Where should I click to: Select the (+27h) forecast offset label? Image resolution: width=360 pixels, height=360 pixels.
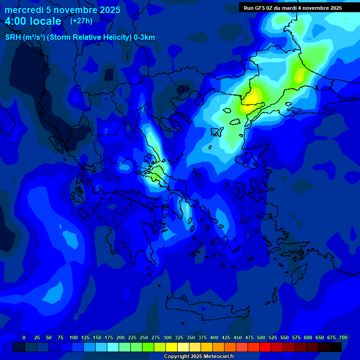tap(81, 21)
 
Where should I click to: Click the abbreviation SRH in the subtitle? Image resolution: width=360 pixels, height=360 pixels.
tap(13, 37)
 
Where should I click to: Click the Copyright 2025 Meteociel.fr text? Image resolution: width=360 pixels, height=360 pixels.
tap(199, 357)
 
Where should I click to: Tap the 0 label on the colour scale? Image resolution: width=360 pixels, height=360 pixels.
tap(24, 337)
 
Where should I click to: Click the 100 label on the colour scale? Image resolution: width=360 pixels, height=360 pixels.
tap(74, 337)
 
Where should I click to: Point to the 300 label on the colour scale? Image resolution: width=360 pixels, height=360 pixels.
tap(167, 337)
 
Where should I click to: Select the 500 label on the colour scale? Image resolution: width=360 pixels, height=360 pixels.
tap(261, 337)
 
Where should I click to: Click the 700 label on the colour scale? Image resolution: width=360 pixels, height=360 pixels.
tap(343, 337)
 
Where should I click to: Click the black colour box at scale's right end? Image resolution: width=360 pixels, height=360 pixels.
tap(336, 347)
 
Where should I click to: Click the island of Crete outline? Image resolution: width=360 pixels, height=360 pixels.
tap(206, 309)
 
